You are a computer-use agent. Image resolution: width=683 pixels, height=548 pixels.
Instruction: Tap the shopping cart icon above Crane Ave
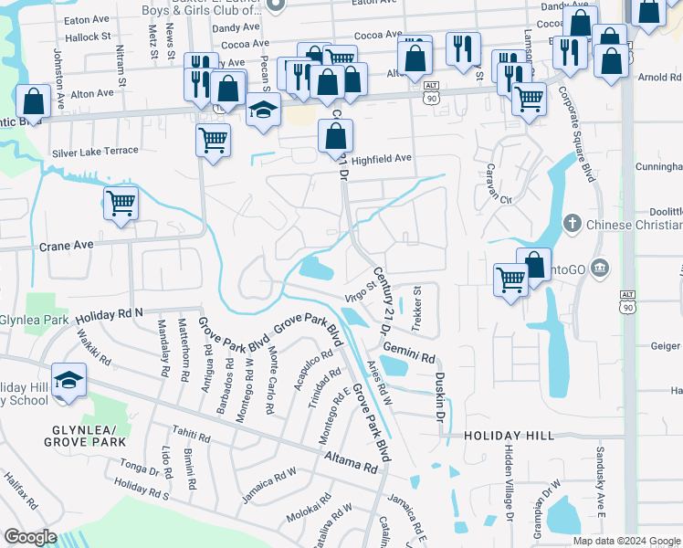pyautogui.click(x=121, y=203)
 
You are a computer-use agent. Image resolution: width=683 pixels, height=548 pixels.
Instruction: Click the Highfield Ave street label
pyautogui.click(x=382, y=159)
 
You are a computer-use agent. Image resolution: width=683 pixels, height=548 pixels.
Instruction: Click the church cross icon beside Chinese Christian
pyautogui.click(x=572, y=224)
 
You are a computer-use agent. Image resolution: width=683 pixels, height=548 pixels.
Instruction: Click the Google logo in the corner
pyautogui.click(x=30, y=537)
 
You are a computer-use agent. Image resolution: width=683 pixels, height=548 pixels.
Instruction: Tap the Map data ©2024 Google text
pyautogui.click(x=626, y=541)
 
